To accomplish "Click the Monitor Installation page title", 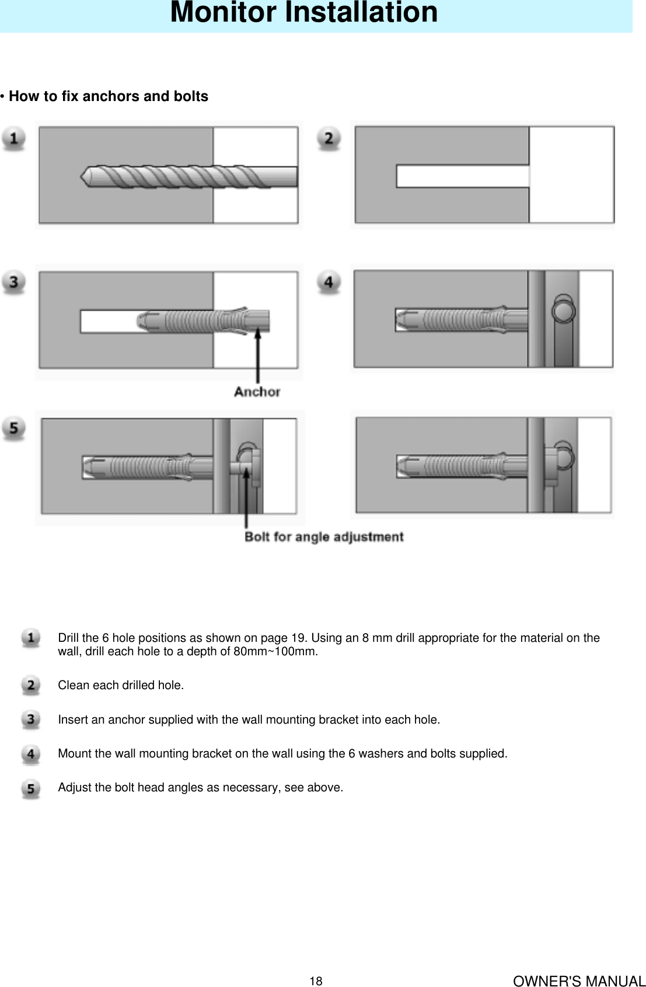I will point(303,13).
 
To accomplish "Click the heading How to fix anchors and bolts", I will point(108,96).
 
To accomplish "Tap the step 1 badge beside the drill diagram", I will point(13,139).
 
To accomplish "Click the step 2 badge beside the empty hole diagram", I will point(329,139).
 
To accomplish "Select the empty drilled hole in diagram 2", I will point(461,176).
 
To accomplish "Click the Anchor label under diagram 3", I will point(257,392).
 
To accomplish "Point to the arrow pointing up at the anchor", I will point(258,356).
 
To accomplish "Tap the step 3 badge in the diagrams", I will point(13,282).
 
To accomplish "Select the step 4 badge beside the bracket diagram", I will point(329,282).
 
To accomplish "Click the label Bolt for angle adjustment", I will point(324,537).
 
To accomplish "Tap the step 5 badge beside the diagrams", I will point(13,428).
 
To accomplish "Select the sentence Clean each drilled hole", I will point(121,686).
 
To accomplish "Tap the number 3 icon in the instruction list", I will point(31,720).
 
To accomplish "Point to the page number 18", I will point(316,981).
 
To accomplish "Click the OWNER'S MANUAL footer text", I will point(579,981).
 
